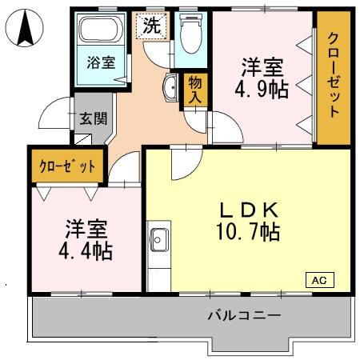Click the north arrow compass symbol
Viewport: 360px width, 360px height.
pos(23,29)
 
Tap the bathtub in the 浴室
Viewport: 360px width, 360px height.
pos(99,32)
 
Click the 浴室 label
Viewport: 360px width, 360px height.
pos(100,62)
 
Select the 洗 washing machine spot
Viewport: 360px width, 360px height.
pos(150,26)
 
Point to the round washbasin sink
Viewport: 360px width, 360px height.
pos(170,89)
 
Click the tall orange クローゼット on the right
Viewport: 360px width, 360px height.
pos(333,77)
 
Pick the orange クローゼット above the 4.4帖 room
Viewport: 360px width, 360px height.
pos(67,166)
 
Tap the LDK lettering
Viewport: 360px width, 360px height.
pos(250,210)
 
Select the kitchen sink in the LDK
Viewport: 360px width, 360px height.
pos(159,239)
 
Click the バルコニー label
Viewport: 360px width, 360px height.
pos(244,315)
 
